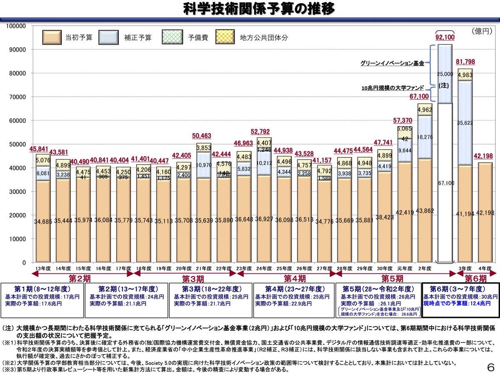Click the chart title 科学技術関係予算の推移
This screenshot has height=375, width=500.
[259, 9]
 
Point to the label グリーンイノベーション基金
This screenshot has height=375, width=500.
[392, 63]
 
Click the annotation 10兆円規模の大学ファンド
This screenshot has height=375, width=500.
[392, 88]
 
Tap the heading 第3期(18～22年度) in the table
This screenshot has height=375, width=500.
[210, 289]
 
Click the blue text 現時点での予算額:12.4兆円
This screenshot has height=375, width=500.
[457, 304]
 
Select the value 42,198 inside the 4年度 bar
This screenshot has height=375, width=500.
[485, 213]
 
